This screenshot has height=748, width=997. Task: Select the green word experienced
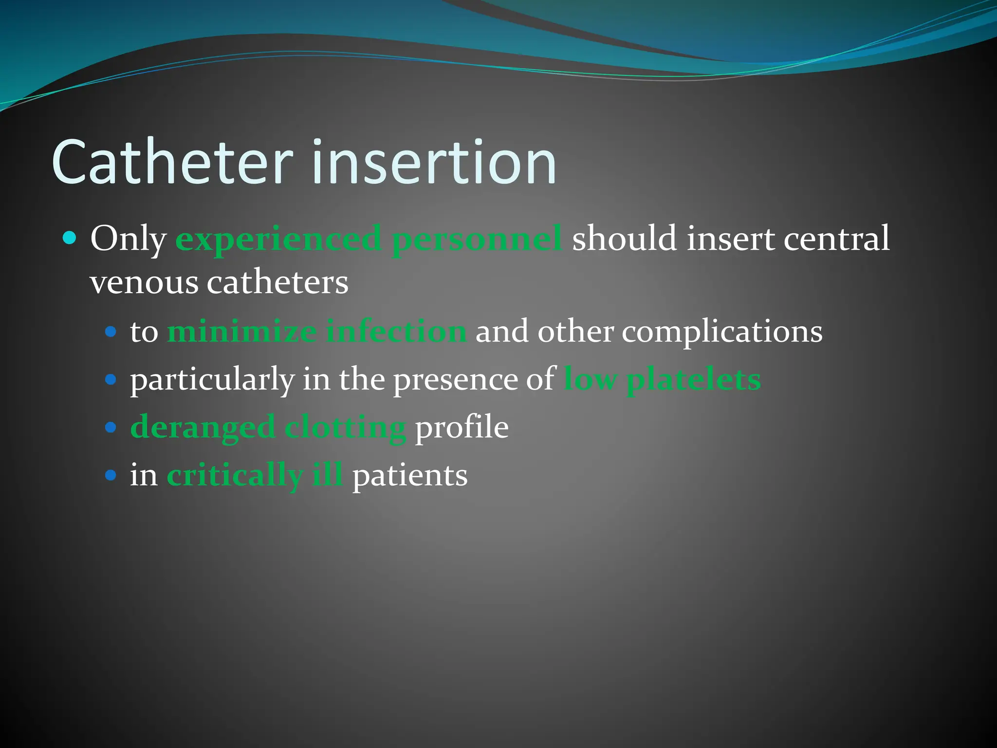click(278, 239)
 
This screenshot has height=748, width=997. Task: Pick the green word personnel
click(477, 239)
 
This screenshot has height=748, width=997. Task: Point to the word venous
click(144, 283)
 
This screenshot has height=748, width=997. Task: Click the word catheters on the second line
click(277, 283)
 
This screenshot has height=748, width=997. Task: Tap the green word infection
click(396, 332)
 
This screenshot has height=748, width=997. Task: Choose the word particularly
click(212, 379)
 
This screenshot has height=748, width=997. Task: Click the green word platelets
click(693, 379)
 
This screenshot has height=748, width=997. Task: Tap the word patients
click(409, 475)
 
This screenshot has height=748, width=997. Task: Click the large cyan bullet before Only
click(70, 238)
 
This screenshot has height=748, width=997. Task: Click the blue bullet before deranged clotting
click(111, 428)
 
